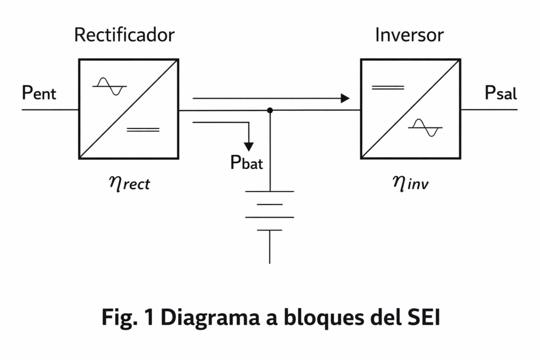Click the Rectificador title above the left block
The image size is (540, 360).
coord(124,35)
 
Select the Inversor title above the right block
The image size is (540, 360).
coord(409,35)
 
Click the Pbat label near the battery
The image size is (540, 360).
coord(247,163)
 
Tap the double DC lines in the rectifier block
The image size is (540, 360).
coord(143,129)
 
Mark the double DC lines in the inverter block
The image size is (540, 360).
coord(388,87)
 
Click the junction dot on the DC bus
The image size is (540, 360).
coord(270,110)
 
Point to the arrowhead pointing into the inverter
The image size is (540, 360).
coord(345,98)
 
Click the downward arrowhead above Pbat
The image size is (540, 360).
coord(248,145)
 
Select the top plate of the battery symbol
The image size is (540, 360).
coord(269,191)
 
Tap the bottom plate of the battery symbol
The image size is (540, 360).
coord(269,230)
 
